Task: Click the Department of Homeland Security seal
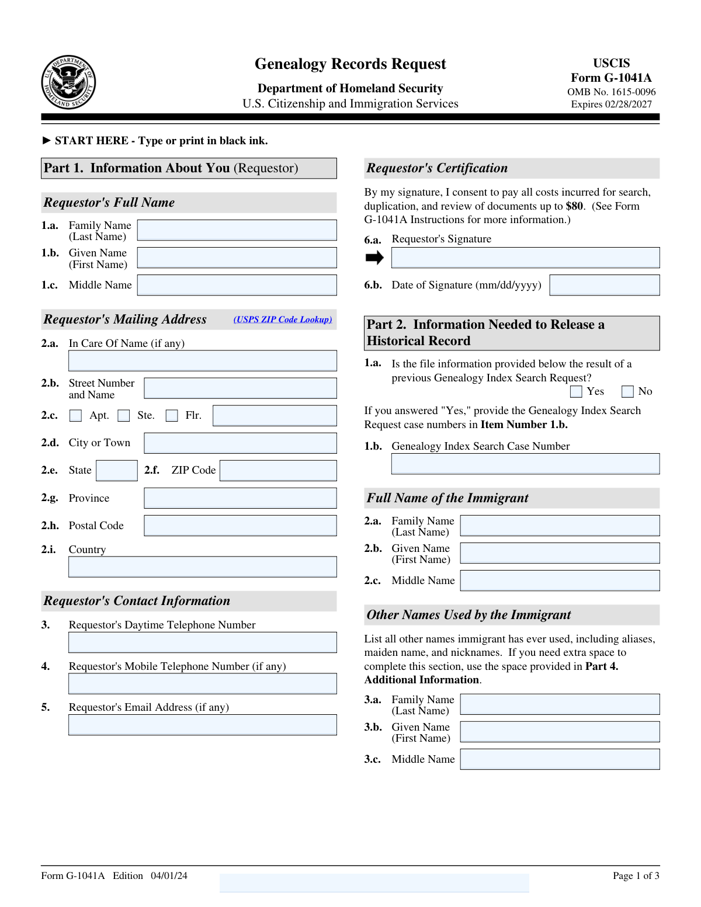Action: pyautogui.click(x=68, y=82)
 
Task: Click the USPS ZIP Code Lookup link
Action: pyautogui.click(x=283, y=319)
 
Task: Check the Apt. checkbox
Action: pyautogui.click(x=75, y=415)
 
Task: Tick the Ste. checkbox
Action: pyautogui.click(x=124, y=415)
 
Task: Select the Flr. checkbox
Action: pyautogui.click(x=172, y=415)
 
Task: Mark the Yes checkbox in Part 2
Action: pyautogui.click(x=576, y=391)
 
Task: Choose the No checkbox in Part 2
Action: pyautogui.click(x=627, y=391)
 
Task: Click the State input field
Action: pyautogui.click(x=117, y=471)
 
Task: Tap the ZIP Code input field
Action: pyautogui.click(x=278, y=471)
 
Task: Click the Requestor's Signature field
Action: pyautogui.click(x=525, y=258)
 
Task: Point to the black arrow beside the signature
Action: pyautogui.click(x=374, y=258)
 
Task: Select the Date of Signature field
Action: pyautogui.click(x=605, y=285)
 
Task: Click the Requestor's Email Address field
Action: pyautogui.click(x=203, y=725)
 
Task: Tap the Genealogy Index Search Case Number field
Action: pyautogui.click(x=525, y=464)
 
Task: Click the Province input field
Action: pyautogui.click(x=240, y=498)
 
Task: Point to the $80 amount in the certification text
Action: pyautogui.click(x=574, y=206)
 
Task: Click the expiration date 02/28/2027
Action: pyautogui.click(x=627, y=105)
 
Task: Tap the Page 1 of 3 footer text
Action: pyautogui.click(x=636, y=875)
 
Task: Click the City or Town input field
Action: pyautogui.click(x=240, y=443)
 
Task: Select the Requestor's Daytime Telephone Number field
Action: pyautogui.click(x=203, y=642)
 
